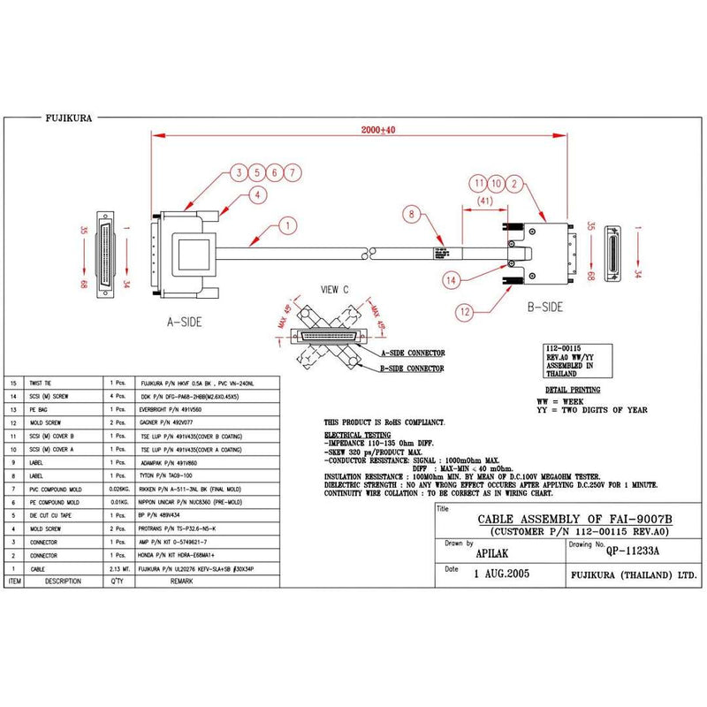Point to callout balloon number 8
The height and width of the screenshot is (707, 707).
pos(411,213)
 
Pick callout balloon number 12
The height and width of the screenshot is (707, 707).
pos(467,310)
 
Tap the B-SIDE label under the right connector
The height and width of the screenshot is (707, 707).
pos(545,308)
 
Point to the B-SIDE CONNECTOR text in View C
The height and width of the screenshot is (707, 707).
pos(412,369)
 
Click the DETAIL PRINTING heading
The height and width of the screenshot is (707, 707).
pos(572,390)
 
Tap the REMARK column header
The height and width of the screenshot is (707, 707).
pos(181,582)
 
